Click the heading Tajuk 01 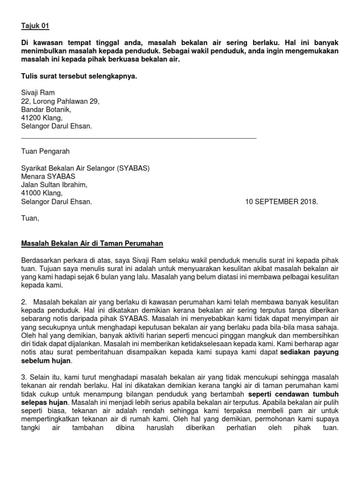[35, 25]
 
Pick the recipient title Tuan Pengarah [45, 151]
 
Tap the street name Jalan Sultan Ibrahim [54, 185]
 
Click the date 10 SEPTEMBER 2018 [281, 202]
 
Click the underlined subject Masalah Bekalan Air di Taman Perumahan [92, 243]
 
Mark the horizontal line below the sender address [139, 138]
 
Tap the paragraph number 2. [24, 301]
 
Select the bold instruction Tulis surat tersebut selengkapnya [79, 76]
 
